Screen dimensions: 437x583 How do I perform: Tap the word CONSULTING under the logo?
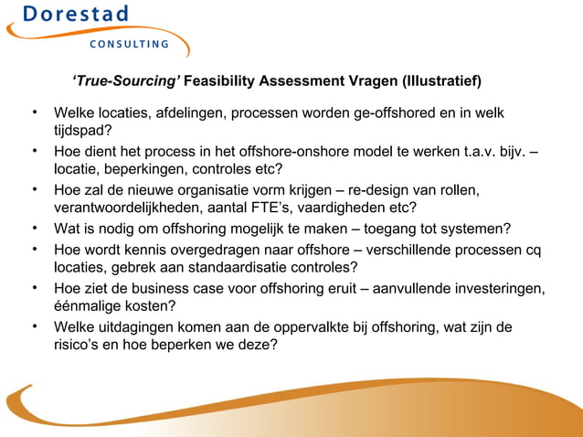[x=128, y=44]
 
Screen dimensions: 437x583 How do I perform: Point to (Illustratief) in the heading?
[x=436, y=81]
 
